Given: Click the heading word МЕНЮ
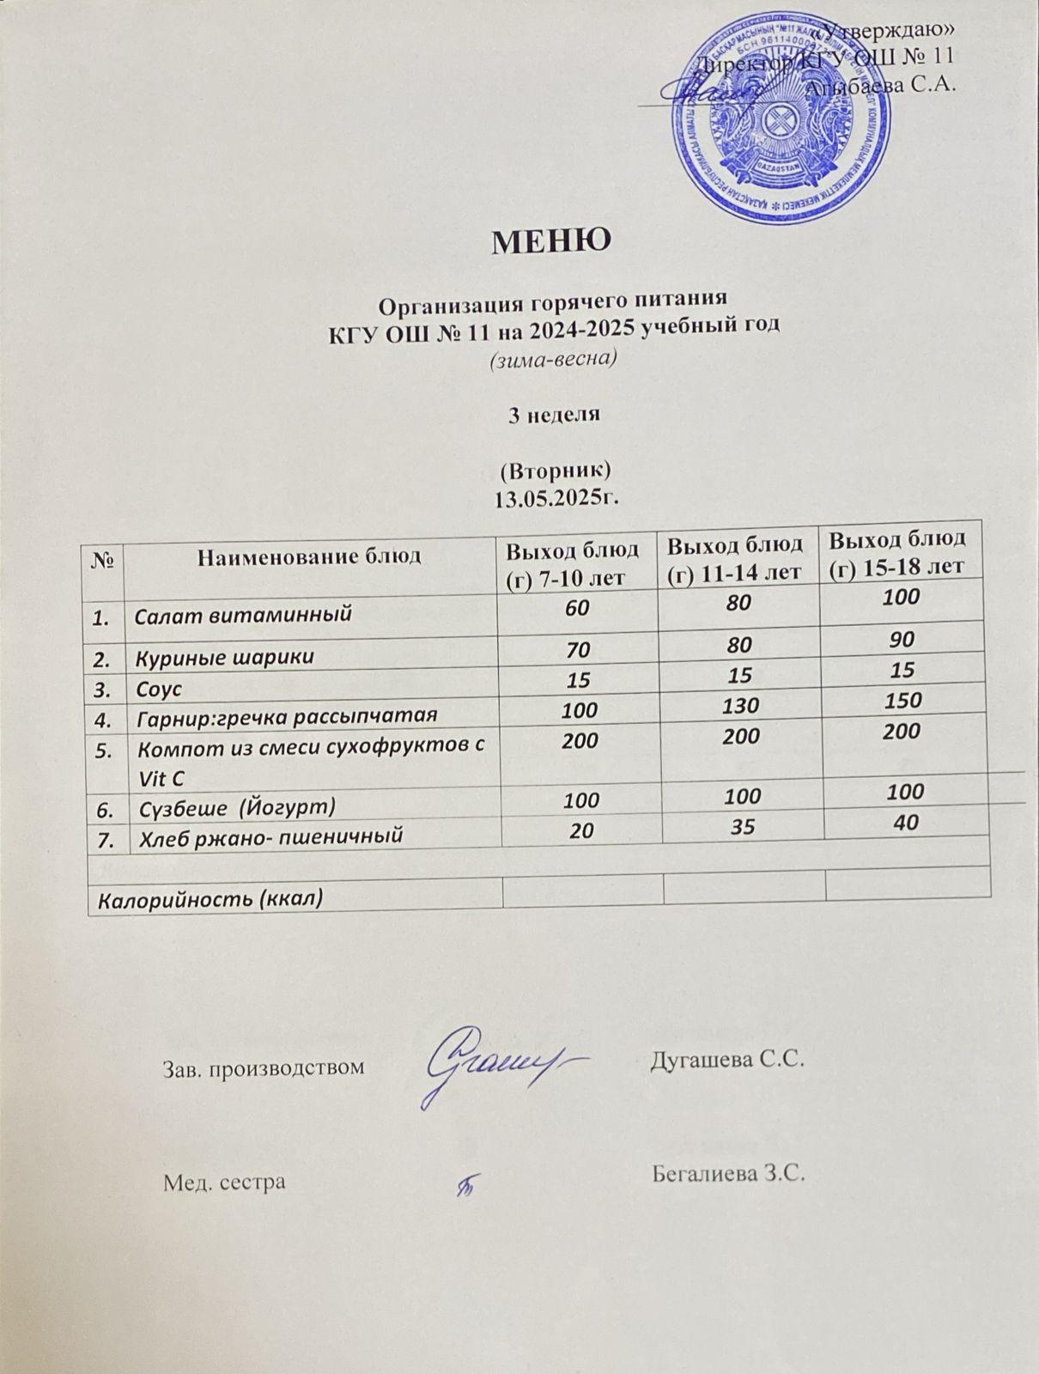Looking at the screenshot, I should tap(550, 240).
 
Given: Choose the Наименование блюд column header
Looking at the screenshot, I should tap(309, 556).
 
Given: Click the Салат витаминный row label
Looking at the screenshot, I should tap(245, 614).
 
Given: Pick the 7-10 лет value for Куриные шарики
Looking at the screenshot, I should tap(578, 650).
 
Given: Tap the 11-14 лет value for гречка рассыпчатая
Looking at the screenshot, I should tap(741, 706).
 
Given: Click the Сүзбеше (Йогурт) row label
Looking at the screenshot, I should tap(236, 807).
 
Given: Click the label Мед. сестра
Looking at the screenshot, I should tap(224, 1182).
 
